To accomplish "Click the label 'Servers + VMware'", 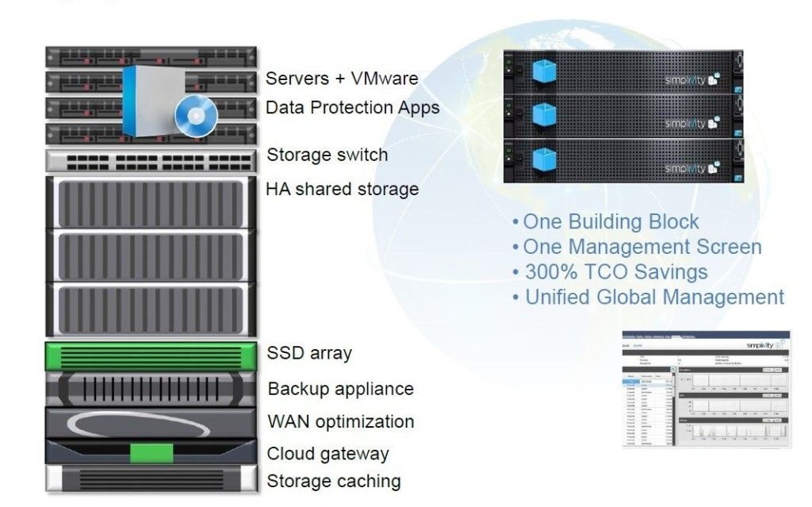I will click(x=341, y=79).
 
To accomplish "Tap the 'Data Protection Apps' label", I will click(x=352, y=107).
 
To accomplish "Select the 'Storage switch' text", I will click(x=327, y=154).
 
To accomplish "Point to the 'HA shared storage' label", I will click(x=342, y=189).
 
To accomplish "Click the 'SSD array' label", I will click(x=309, y=353).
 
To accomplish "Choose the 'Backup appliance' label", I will click(x=340, y=389).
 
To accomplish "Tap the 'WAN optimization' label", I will click(x=340, y=421).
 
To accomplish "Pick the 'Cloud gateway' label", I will click(x=327, y=454).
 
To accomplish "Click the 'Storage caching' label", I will click(x=333, y=481).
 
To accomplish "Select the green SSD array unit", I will click(x=151, y=355).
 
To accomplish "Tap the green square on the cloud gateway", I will click(x=151, y=453).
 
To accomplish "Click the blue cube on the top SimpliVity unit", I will click(x=545, y=72).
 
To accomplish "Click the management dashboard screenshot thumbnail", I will click(x=706, y=389).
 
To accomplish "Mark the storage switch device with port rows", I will click(x=151, y=161).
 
